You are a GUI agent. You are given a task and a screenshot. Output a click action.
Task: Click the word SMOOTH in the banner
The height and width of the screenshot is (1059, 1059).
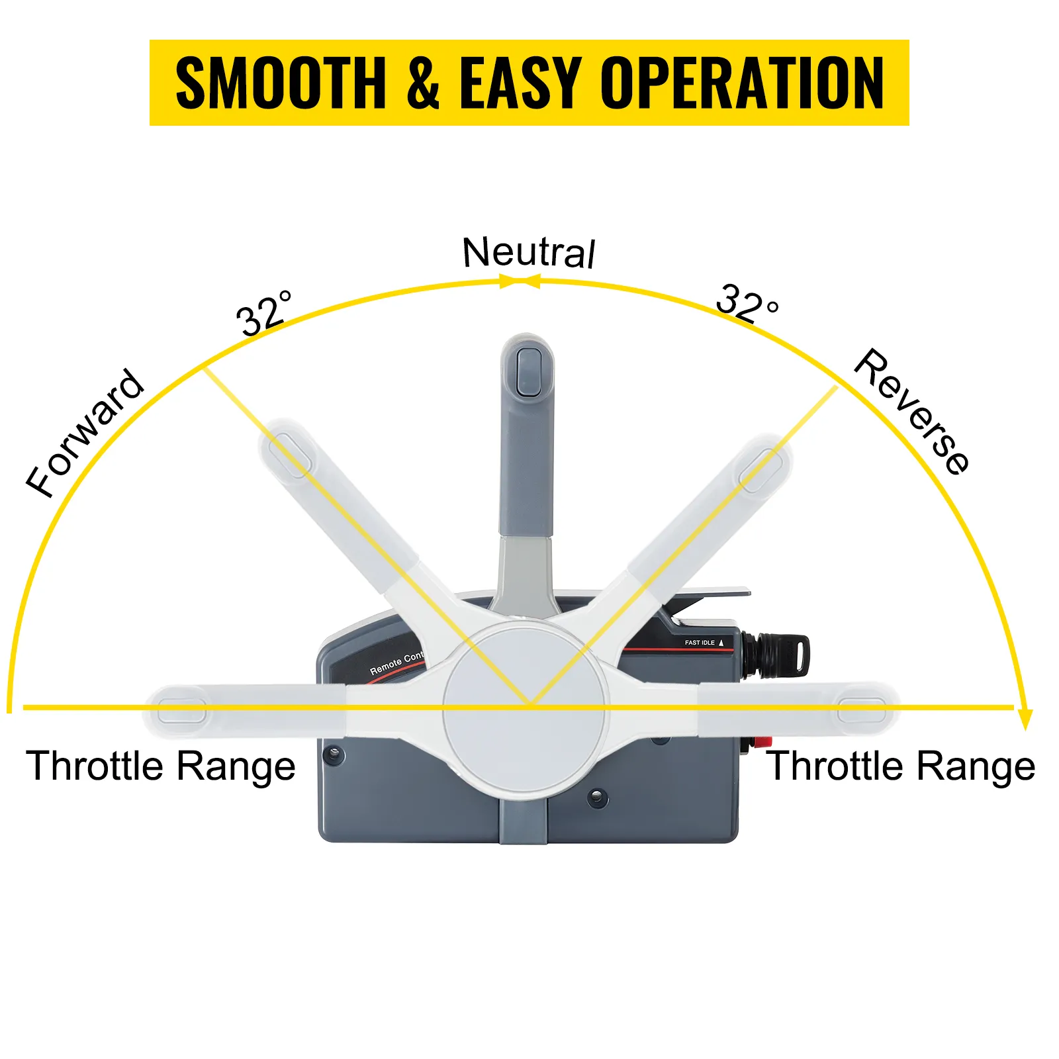coord(281,83)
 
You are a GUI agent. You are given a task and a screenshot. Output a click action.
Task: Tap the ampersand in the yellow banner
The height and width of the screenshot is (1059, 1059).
coord(423,83)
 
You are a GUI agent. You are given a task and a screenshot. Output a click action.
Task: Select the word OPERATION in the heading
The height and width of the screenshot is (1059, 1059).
coord(742,83)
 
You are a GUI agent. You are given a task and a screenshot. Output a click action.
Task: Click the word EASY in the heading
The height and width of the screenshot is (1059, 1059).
coord(521,83)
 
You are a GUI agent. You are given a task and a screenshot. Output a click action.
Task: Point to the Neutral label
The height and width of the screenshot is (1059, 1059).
coord(528,252)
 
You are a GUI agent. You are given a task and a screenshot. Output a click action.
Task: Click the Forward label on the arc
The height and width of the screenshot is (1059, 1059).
coord(85,433)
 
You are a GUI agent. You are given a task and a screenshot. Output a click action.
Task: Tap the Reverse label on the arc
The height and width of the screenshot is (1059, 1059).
coord(912,411)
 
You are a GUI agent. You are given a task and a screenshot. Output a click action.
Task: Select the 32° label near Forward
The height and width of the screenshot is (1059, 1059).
coord(263,312)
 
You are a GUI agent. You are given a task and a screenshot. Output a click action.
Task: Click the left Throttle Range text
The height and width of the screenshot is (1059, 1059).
coord(160,766)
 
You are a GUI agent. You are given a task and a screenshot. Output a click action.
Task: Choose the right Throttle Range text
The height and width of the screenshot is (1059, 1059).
coord(900,766)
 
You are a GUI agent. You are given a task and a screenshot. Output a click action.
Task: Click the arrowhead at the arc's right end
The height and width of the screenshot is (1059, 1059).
coord(1025,719)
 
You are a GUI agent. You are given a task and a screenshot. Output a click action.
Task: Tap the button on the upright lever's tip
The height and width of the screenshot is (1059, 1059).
coord(528,372)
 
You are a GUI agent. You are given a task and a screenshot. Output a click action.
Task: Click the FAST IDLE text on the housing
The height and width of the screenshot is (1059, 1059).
coord(700,643)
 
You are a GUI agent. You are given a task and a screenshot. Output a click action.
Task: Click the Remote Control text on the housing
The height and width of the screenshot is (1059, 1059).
coord(396,663)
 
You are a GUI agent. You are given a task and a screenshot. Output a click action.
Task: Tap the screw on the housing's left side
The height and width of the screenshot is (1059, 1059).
coord(332,754)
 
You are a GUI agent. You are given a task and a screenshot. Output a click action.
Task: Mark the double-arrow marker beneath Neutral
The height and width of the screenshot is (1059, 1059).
coord(520,283)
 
